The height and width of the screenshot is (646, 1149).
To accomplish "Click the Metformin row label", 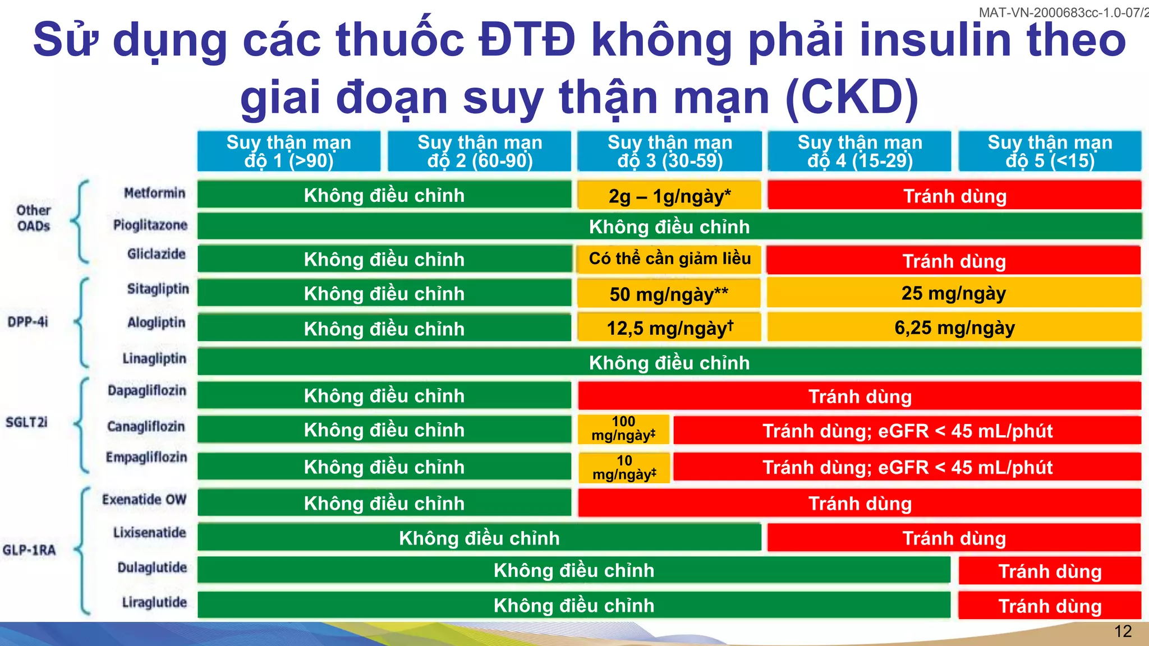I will coord(154,193).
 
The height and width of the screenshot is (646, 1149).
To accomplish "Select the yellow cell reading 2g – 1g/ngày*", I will coord(669,196).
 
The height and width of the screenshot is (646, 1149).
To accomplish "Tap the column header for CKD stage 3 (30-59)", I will coord(669,151).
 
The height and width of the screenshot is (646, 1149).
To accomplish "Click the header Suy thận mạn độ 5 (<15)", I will coord(1050,151).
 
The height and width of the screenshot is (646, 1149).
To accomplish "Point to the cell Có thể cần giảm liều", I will coord(669,259).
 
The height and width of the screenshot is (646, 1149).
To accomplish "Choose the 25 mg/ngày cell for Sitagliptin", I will coord(954,293).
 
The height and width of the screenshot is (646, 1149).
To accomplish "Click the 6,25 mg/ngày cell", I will coord(954,327).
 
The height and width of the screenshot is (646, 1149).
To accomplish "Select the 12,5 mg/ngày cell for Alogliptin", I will coord(669,328).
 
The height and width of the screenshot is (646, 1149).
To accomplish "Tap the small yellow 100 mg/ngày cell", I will coord(623,430).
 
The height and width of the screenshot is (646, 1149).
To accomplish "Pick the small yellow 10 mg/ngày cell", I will coord(624,468).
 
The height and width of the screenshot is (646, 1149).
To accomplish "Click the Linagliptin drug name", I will coord(154,359).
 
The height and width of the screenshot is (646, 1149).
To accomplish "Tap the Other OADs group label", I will coord(34,218).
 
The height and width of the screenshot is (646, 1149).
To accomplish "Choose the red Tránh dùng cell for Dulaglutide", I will coord(1050,571).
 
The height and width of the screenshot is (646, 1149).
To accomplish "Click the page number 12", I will coord(1123,632).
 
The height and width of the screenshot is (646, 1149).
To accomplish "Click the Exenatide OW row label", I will coord(144,500).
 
